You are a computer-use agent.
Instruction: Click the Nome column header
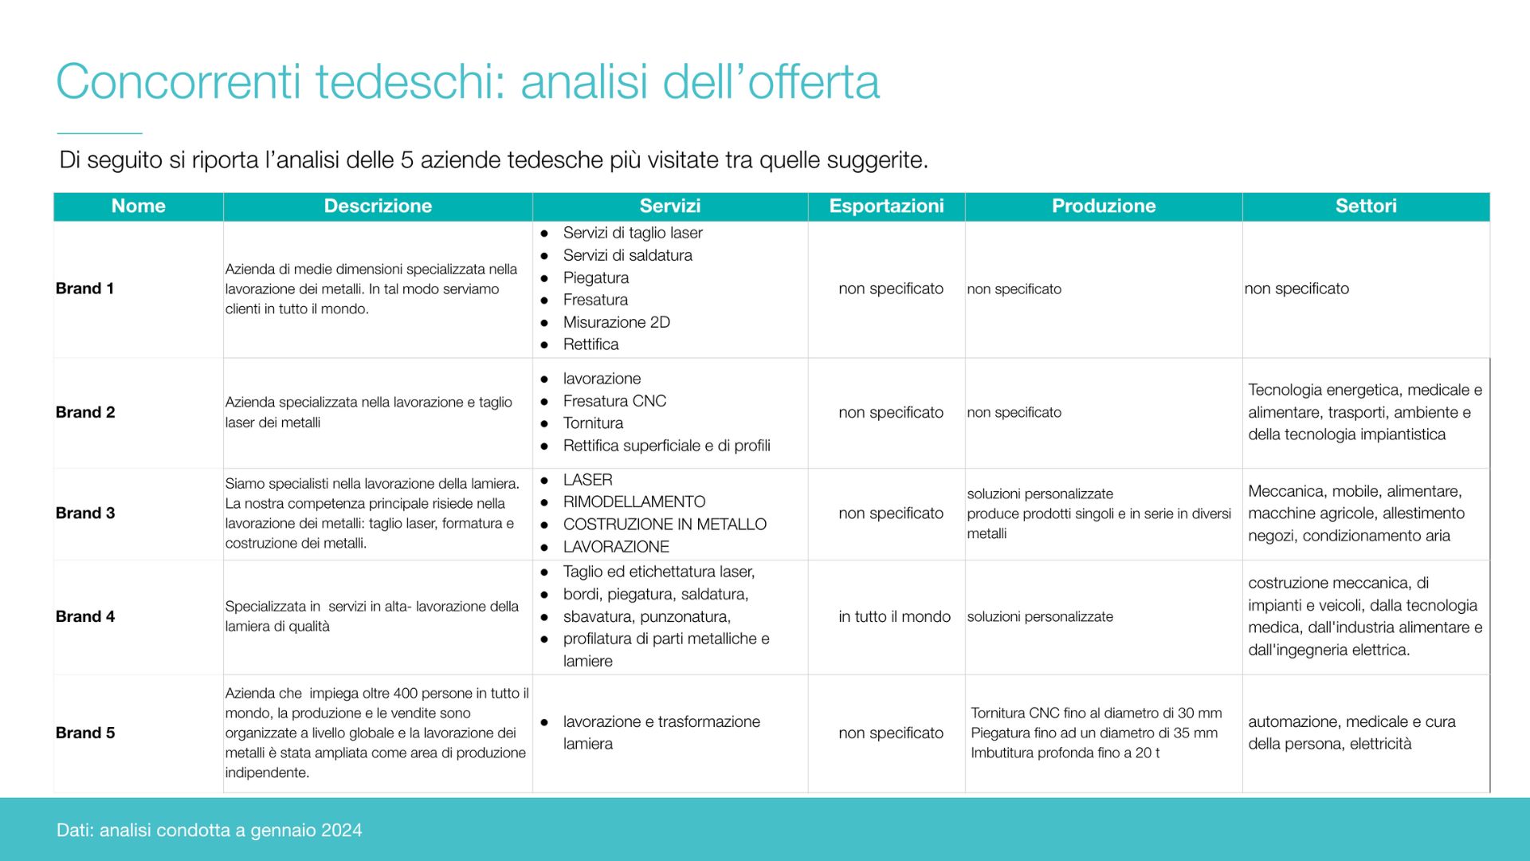click(x=139, y=206)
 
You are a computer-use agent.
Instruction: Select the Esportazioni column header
click(x=886, y=206)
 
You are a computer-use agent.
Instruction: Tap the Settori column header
click(x=1366, y=206)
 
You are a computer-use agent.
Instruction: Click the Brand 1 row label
click(x=85, y=289)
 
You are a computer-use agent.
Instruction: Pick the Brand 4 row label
click(x=85, y=616)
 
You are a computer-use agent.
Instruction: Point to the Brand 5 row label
click(x=85, y=733)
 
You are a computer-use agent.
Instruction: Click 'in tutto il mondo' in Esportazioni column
click(x=894, y=616)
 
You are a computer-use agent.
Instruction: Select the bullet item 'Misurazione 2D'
click(x=616, y=322)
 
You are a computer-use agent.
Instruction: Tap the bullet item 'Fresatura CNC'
click(x=614, y=401)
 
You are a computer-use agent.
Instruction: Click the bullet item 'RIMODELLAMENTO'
click(x=634, y=502)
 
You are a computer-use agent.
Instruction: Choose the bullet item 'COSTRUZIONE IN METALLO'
click(x=665, y=525)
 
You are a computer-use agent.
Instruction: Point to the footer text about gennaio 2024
click(x=209, y=831)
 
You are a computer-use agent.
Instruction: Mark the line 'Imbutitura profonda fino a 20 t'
click(x=1065, y=753)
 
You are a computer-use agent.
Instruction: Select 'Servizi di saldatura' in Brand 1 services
click(x=627, y=255)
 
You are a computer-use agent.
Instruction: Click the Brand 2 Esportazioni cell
click(x=891, y=412)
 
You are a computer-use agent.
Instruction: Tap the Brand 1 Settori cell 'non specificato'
click(x=1297, y=289)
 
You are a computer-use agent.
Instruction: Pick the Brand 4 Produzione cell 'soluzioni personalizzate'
click(x=1040, y=616)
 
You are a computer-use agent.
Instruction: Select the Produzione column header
click(x=1104, y=206)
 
